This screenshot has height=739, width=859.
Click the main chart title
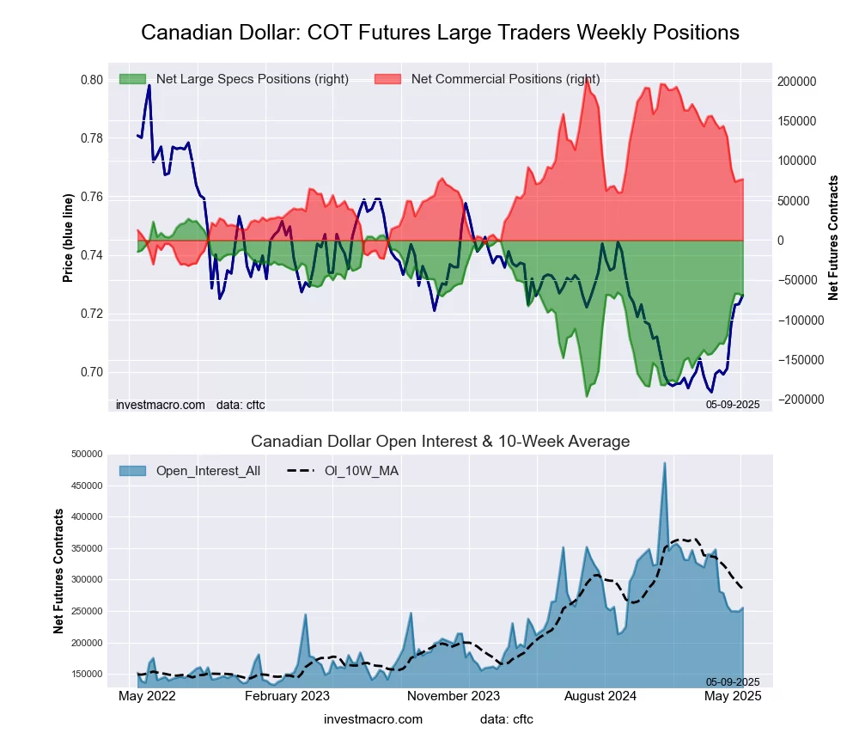coord(440,33)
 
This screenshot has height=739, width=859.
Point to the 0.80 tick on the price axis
coord(91,80)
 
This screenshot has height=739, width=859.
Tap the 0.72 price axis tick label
coord(91,314)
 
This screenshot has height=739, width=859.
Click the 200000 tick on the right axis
coord(797,81)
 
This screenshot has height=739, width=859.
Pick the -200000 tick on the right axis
coord(799,400)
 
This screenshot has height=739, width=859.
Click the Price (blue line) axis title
coord(69,238)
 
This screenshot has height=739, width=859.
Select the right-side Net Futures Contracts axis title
coord(832,238)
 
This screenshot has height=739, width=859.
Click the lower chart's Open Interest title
coord(440,442)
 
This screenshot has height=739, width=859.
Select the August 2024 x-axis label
coord(601,697)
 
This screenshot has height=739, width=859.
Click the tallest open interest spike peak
coord(664,463)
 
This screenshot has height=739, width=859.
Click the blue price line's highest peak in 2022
coord(149,85)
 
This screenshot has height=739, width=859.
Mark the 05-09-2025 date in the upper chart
coord(733,403)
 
